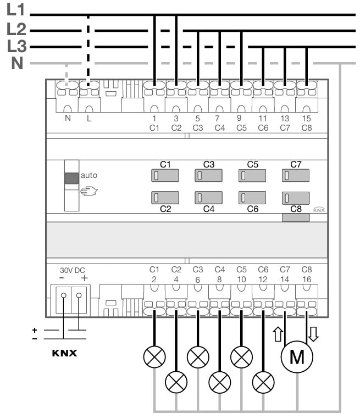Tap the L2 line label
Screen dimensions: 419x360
[15, 28]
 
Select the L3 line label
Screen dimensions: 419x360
[15, 46]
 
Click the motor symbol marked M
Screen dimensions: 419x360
[297, 357]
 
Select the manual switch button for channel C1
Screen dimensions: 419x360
[164, 176]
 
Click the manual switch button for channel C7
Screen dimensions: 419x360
[295, 176]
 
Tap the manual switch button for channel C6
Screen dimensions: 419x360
[252, 198]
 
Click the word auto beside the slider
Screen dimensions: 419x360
[88, 176]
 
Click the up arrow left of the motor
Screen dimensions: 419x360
[276, 333]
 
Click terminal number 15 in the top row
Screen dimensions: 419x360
[307, 118]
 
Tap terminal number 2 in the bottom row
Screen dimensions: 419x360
[154, 279]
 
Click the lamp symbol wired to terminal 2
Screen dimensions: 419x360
[154, 357]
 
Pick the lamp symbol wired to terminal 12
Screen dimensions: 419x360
[263, 380]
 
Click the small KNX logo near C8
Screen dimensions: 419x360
[318, 209]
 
